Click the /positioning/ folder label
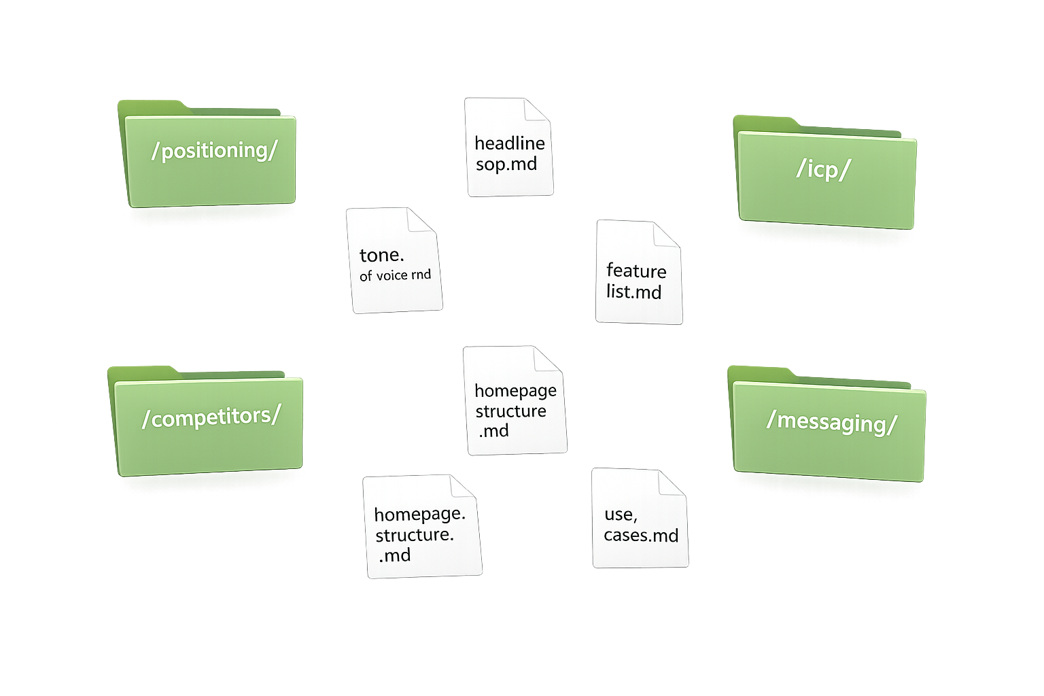[214, 150]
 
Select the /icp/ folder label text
[823, 169]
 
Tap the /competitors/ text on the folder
[211, 417]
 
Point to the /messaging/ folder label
[831, 422]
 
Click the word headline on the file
[509, 143]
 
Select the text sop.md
[506, 164]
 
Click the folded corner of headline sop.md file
[537, 111]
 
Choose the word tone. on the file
[381, 256]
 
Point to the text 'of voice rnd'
[395, 275]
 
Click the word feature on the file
[636, 271]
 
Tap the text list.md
[633, 292]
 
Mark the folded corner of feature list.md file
[667, 234]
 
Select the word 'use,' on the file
[620, 515]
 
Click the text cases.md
[641, 536]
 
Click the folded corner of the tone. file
[421, 221]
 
